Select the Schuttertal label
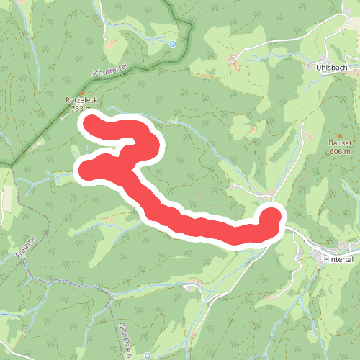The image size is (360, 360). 109,70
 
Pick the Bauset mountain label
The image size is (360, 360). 341,143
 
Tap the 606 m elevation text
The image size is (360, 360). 341,151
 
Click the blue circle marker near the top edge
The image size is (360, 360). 173,44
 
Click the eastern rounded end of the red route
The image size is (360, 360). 271,218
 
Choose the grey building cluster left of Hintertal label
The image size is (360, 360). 315,252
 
